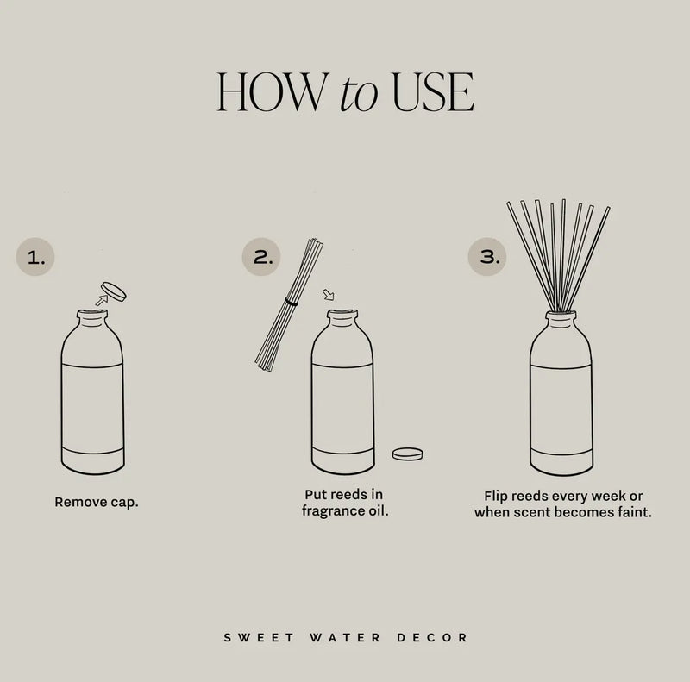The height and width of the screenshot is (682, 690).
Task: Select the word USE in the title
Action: (x=432, y=92)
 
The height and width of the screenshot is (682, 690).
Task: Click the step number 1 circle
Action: (x=35, y=257)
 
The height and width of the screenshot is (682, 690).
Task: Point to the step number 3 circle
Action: (x=487, y=257)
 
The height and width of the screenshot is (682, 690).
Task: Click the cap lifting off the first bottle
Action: (x=113, y=291)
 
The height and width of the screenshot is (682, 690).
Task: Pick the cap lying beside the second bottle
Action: (x=407, y=453)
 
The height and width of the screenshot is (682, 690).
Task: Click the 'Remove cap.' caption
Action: (x=96, y=502)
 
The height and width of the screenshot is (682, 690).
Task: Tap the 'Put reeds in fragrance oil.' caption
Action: (x=343, y=503)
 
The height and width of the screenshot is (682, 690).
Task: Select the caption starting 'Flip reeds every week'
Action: (x=563, y=504)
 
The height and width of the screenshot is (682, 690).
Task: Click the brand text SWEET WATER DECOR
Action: (x=345, y=638)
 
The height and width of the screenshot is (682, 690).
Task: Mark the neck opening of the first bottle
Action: (x=91, y=315)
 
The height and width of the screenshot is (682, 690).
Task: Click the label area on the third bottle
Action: (x=561, y=407)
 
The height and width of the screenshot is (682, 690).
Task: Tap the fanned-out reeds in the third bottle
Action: (x=559, y=250)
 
